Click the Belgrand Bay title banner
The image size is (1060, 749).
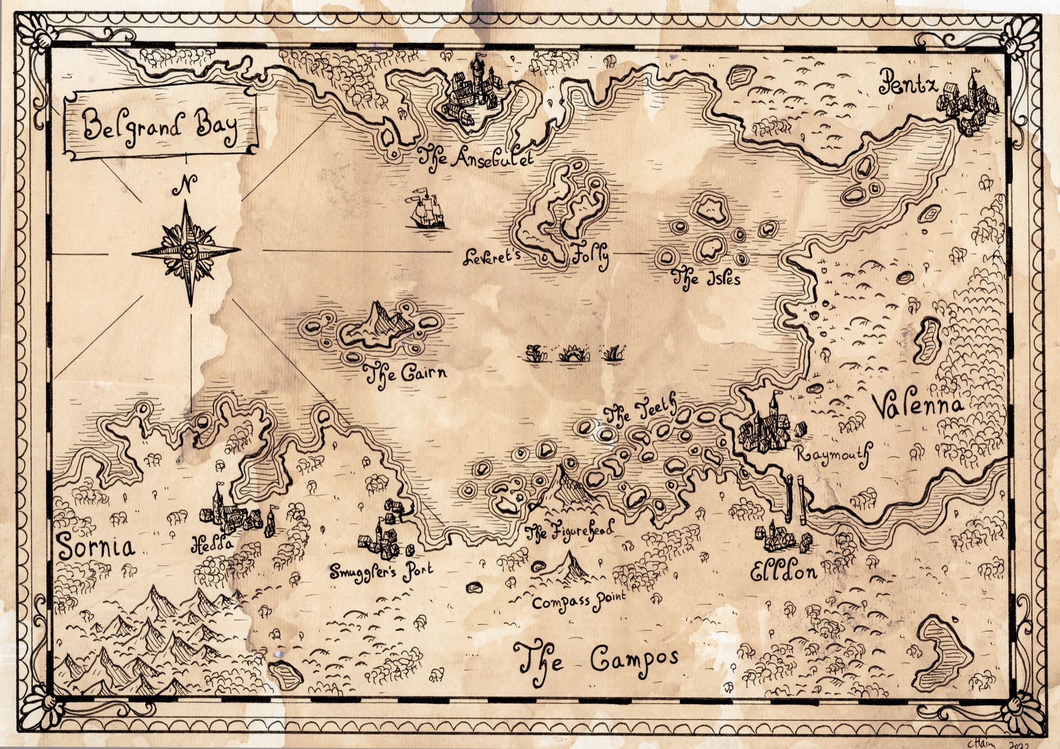coord(161,126)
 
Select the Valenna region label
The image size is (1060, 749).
coord(917,406)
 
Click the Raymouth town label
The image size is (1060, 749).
coord(834,455)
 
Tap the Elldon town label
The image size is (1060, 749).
coord(784,573)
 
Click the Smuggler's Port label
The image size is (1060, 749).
coord(381,571)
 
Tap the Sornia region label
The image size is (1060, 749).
coord(96,546)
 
